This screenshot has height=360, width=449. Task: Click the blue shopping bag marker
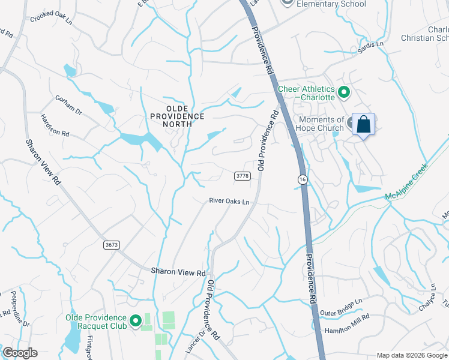[363, 125]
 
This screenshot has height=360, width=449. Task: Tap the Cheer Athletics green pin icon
[344, 92]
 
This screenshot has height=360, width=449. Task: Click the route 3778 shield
[242, 176]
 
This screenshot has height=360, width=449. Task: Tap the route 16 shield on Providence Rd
[302, 179]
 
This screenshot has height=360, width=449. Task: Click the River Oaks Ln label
[229, 202]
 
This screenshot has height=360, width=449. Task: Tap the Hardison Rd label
[55, 125]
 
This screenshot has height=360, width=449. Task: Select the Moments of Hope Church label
[322, 124]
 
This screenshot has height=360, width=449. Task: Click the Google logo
[20, 353]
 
